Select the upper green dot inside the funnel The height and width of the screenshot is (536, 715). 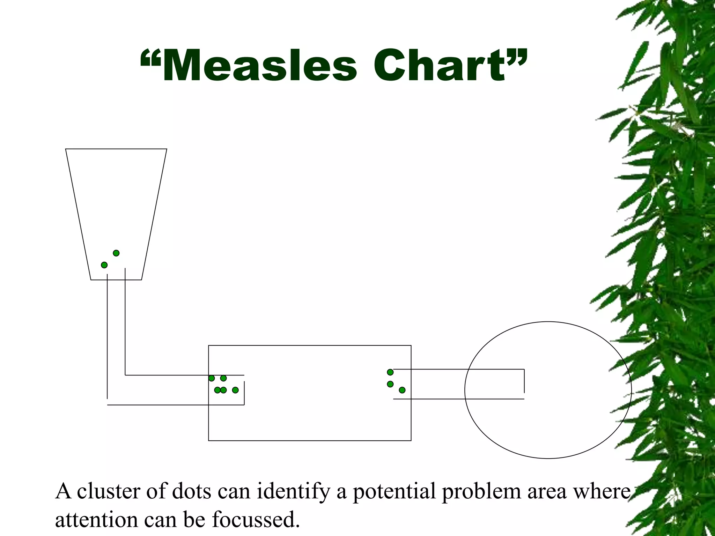(116, 253)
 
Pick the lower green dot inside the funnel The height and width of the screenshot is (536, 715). (104, 265)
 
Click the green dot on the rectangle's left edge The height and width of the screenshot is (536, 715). (212, 378)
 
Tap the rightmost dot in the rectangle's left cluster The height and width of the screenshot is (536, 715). (235, 390)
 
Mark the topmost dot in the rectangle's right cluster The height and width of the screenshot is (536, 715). (390, 372)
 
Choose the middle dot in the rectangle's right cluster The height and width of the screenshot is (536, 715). (390, 384)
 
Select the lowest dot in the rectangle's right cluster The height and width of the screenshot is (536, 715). (402, 390)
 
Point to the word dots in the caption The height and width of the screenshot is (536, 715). (192, 491)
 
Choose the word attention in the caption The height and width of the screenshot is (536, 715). (97, 520)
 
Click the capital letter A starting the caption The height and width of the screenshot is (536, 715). (63, 491)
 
